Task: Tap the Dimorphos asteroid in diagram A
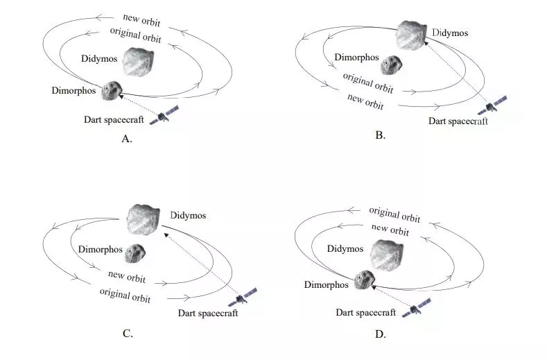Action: point(112,91)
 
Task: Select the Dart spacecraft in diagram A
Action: point(164,115)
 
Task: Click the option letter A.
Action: point(126,139)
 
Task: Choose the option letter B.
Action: point(380,135)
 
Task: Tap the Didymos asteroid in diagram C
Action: point(145,219)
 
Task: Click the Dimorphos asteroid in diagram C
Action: point(135,253)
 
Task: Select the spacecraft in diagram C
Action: point(243,297)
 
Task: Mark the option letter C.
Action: point(128,334)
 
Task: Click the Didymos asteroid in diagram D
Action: point(387,255)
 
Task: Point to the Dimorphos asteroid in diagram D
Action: point(365,280)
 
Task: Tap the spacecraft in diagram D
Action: point(417,308)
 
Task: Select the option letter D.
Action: point(379,334)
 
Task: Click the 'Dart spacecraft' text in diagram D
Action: point(366,313)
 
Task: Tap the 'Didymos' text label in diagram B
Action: point(450,33)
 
